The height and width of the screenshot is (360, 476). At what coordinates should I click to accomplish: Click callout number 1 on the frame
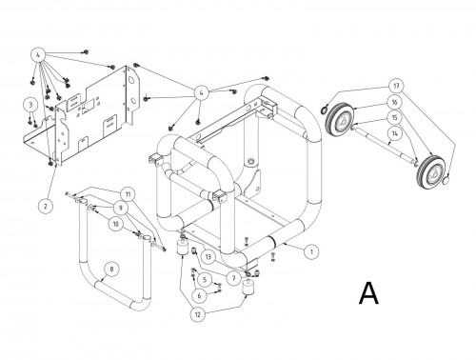click(309, 250)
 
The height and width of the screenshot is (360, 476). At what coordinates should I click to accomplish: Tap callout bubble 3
click(30, 104)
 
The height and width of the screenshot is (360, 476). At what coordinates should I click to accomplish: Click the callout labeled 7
click(232, 278)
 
